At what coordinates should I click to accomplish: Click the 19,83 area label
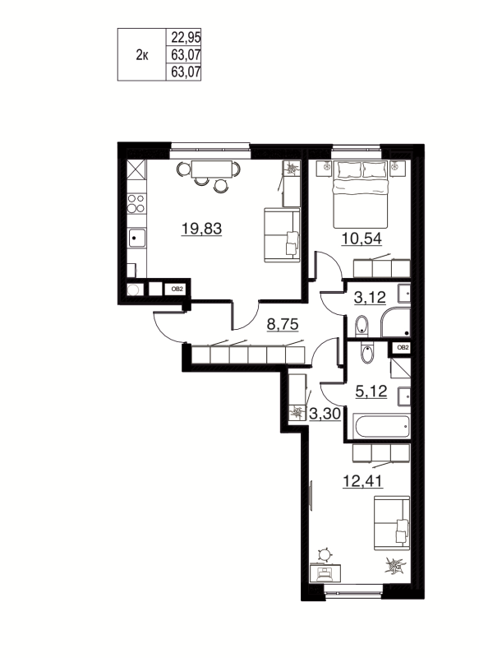point(202,229)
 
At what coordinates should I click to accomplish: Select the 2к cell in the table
point(141,54)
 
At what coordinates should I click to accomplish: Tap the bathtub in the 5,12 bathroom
point(380,427)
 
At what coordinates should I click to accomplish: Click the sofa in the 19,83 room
point(282,234)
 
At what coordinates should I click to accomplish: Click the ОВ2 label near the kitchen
point(177,289)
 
